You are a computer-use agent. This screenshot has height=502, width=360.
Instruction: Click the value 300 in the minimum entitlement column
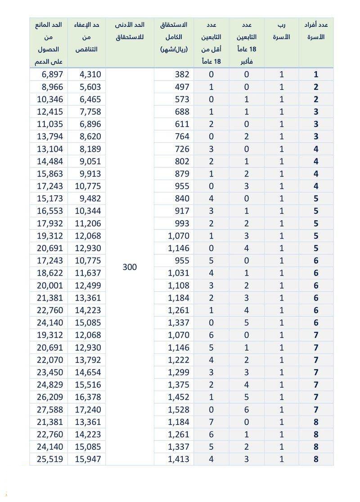coord(130,267)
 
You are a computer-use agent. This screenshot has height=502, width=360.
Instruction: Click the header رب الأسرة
coord(282,32)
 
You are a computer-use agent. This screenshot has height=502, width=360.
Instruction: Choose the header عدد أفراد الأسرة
coord(316,32)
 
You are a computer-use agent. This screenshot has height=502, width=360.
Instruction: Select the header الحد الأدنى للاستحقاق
coord(130,32)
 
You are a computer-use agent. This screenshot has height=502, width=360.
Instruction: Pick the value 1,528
coord(179,410)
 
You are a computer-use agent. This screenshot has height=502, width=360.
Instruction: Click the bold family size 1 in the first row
coord(316,75)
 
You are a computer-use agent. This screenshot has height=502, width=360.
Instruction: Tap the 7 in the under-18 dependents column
coord(211,422)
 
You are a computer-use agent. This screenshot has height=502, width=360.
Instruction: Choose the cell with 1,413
coord(179,459)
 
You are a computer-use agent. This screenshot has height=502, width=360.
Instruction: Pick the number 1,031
coord(179,273)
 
